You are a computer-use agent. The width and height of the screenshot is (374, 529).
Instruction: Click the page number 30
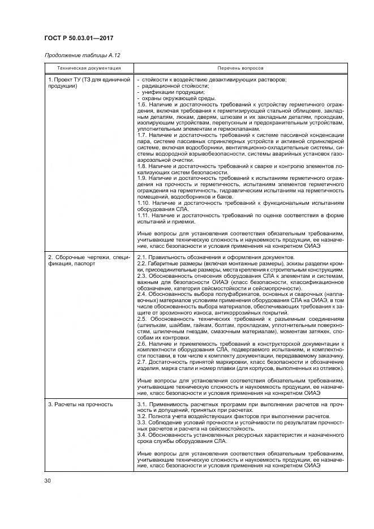48,482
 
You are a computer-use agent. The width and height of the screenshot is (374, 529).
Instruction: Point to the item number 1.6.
143,104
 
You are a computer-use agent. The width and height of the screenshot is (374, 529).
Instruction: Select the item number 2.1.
143,257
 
